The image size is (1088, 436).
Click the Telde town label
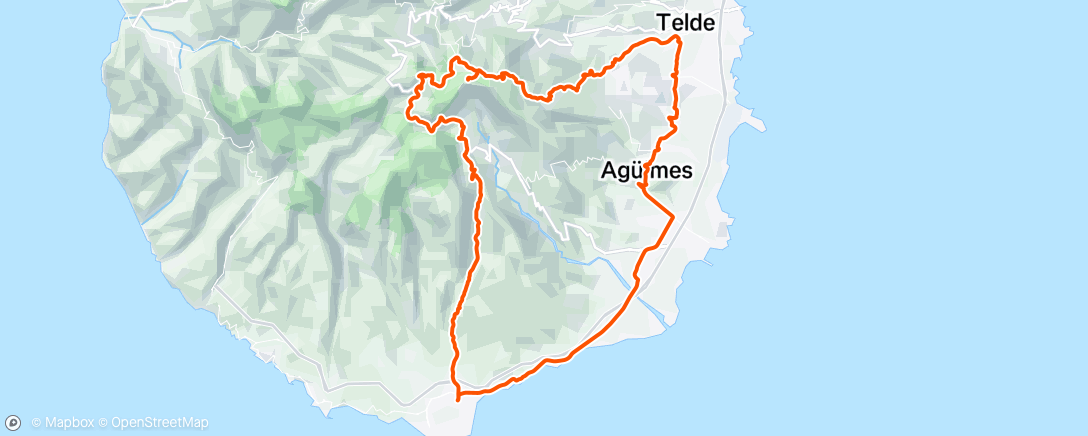click(686, 22)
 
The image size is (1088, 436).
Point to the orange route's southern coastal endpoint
click(458, 398)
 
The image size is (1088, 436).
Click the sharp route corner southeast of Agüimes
click(673, 216)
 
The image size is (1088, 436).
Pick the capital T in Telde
click(663, 22)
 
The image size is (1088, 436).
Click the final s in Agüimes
click(687, 171)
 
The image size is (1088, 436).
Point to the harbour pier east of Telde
click(757, 125)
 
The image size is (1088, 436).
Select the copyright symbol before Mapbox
click(36, 423)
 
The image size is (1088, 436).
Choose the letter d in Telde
click(697, 22)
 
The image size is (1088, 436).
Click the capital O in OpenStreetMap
click(116, 423)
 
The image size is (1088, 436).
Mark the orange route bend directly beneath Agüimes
click(640, 187)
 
